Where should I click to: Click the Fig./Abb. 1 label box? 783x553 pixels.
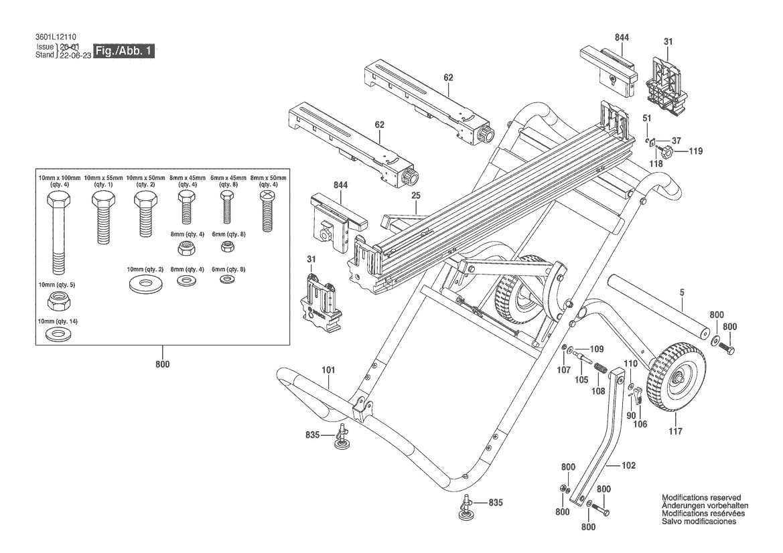pyautogui.click(x=125, y=52)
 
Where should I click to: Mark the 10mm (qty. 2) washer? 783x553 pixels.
pyautogui.click(x=145, y=282)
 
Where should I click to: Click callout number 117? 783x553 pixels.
pyautogui.click(x=675, y=431)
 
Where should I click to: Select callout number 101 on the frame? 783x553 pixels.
pyautogui.click(x=328, y=370)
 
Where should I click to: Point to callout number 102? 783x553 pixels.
pyautogui.click(x=628, y=465)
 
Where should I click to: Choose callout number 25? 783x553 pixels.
pyautogui.click(x=415, y=195)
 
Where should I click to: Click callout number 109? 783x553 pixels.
pyautogui.click(x=596, y=349)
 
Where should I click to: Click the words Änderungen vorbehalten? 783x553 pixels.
pyautogui.click(x=705, y=505)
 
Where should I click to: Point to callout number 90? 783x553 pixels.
pyautogui.click(x=630, y=415)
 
